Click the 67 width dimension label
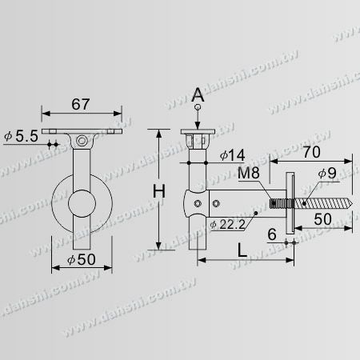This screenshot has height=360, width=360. click(81, 104)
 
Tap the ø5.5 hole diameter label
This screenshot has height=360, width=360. click(22, 136)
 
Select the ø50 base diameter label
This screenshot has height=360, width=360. click(82, 259)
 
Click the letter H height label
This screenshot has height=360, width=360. click(159, 191)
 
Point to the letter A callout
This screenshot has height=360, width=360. click(198, 94)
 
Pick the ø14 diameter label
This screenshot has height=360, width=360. click(232, 155)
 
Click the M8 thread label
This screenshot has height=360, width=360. click(249, 173)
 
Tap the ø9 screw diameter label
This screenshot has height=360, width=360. click(327, 174)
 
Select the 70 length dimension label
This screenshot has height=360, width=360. click(311, 152)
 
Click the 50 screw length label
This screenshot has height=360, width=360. click(322, 219)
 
